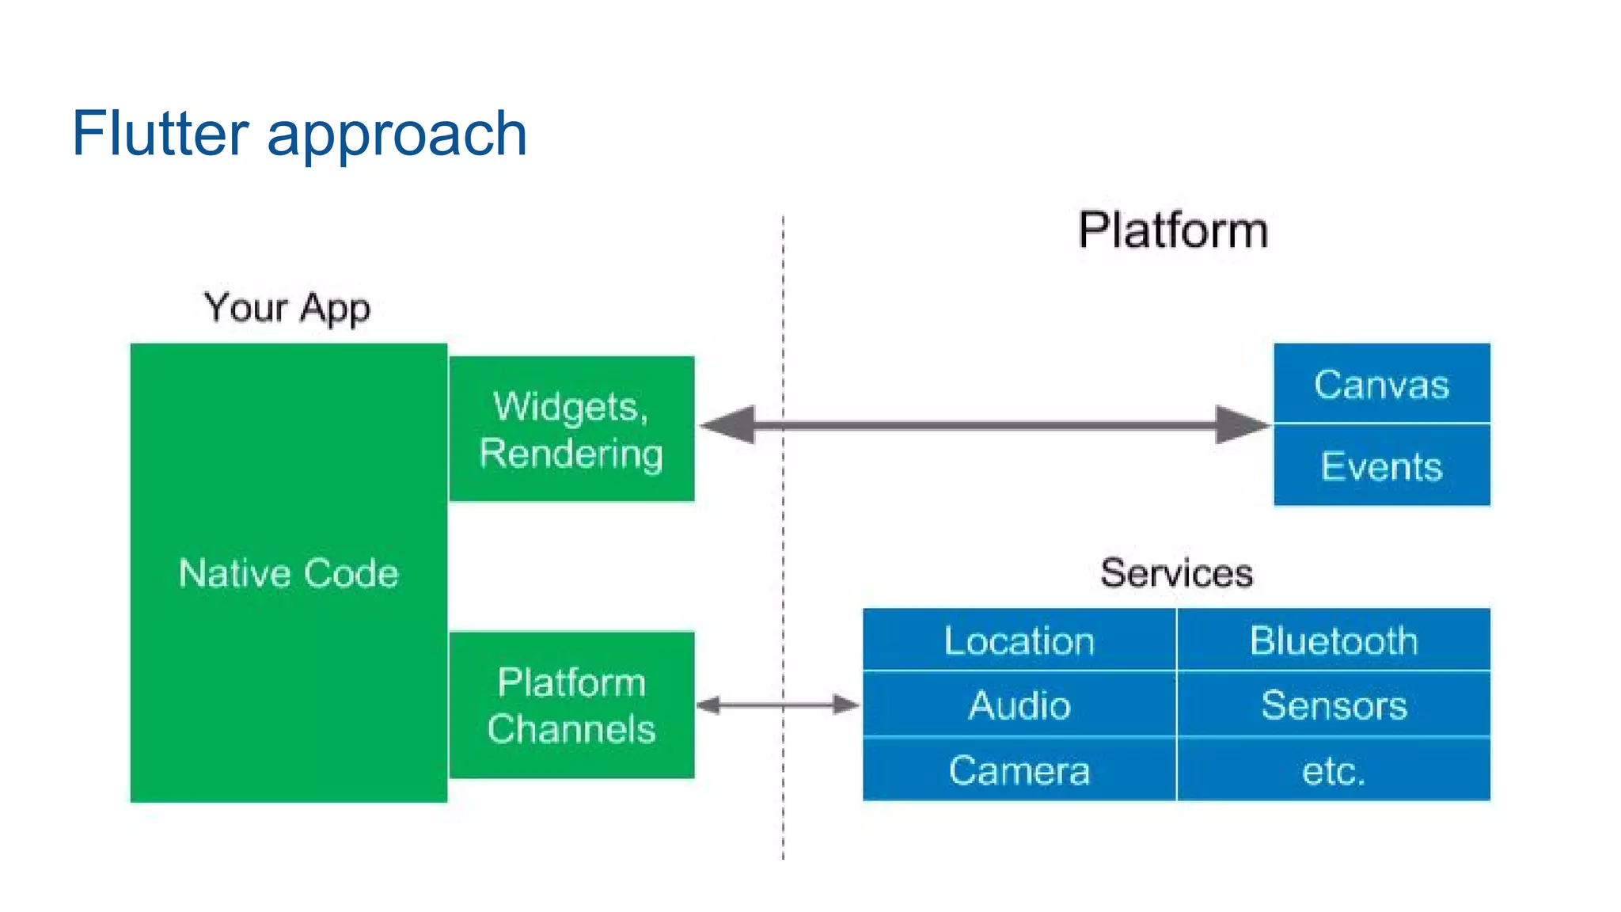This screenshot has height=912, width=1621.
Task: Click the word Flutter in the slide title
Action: [160, 133]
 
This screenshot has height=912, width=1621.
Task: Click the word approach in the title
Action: [397, 135]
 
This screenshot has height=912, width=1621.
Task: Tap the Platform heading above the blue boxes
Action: [1173, 230]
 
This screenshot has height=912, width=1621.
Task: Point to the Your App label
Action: [287, 307]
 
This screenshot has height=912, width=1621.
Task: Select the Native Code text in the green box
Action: [288, 573]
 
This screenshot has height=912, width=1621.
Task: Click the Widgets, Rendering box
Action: [571, 429]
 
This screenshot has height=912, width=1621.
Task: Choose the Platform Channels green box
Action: [571, 705]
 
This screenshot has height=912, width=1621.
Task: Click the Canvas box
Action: [1381, 384]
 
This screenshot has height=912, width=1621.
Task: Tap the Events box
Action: [1381, 465]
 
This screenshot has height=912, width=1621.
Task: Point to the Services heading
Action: [1176, 572]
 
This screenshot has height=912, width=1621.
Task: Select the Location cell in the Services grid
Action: [1019, 640]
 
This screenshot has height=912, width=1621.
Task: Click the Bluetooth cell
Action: [1334, 640]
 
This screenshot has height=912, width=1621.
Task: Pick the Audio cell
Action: [1019, 705]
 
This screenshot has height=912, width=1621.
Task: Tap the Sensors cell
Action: [1334, 705]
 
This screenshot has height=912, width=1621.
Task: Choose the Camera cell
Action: [1019, 770]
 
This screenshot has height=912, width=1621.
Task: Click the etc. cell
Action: [1334, 770]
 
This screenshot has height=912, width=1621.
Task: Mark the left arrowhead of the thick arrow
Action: [730, 425]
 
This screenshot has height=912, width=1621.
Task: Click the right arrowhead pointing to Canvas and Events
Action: [1241, 425]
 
